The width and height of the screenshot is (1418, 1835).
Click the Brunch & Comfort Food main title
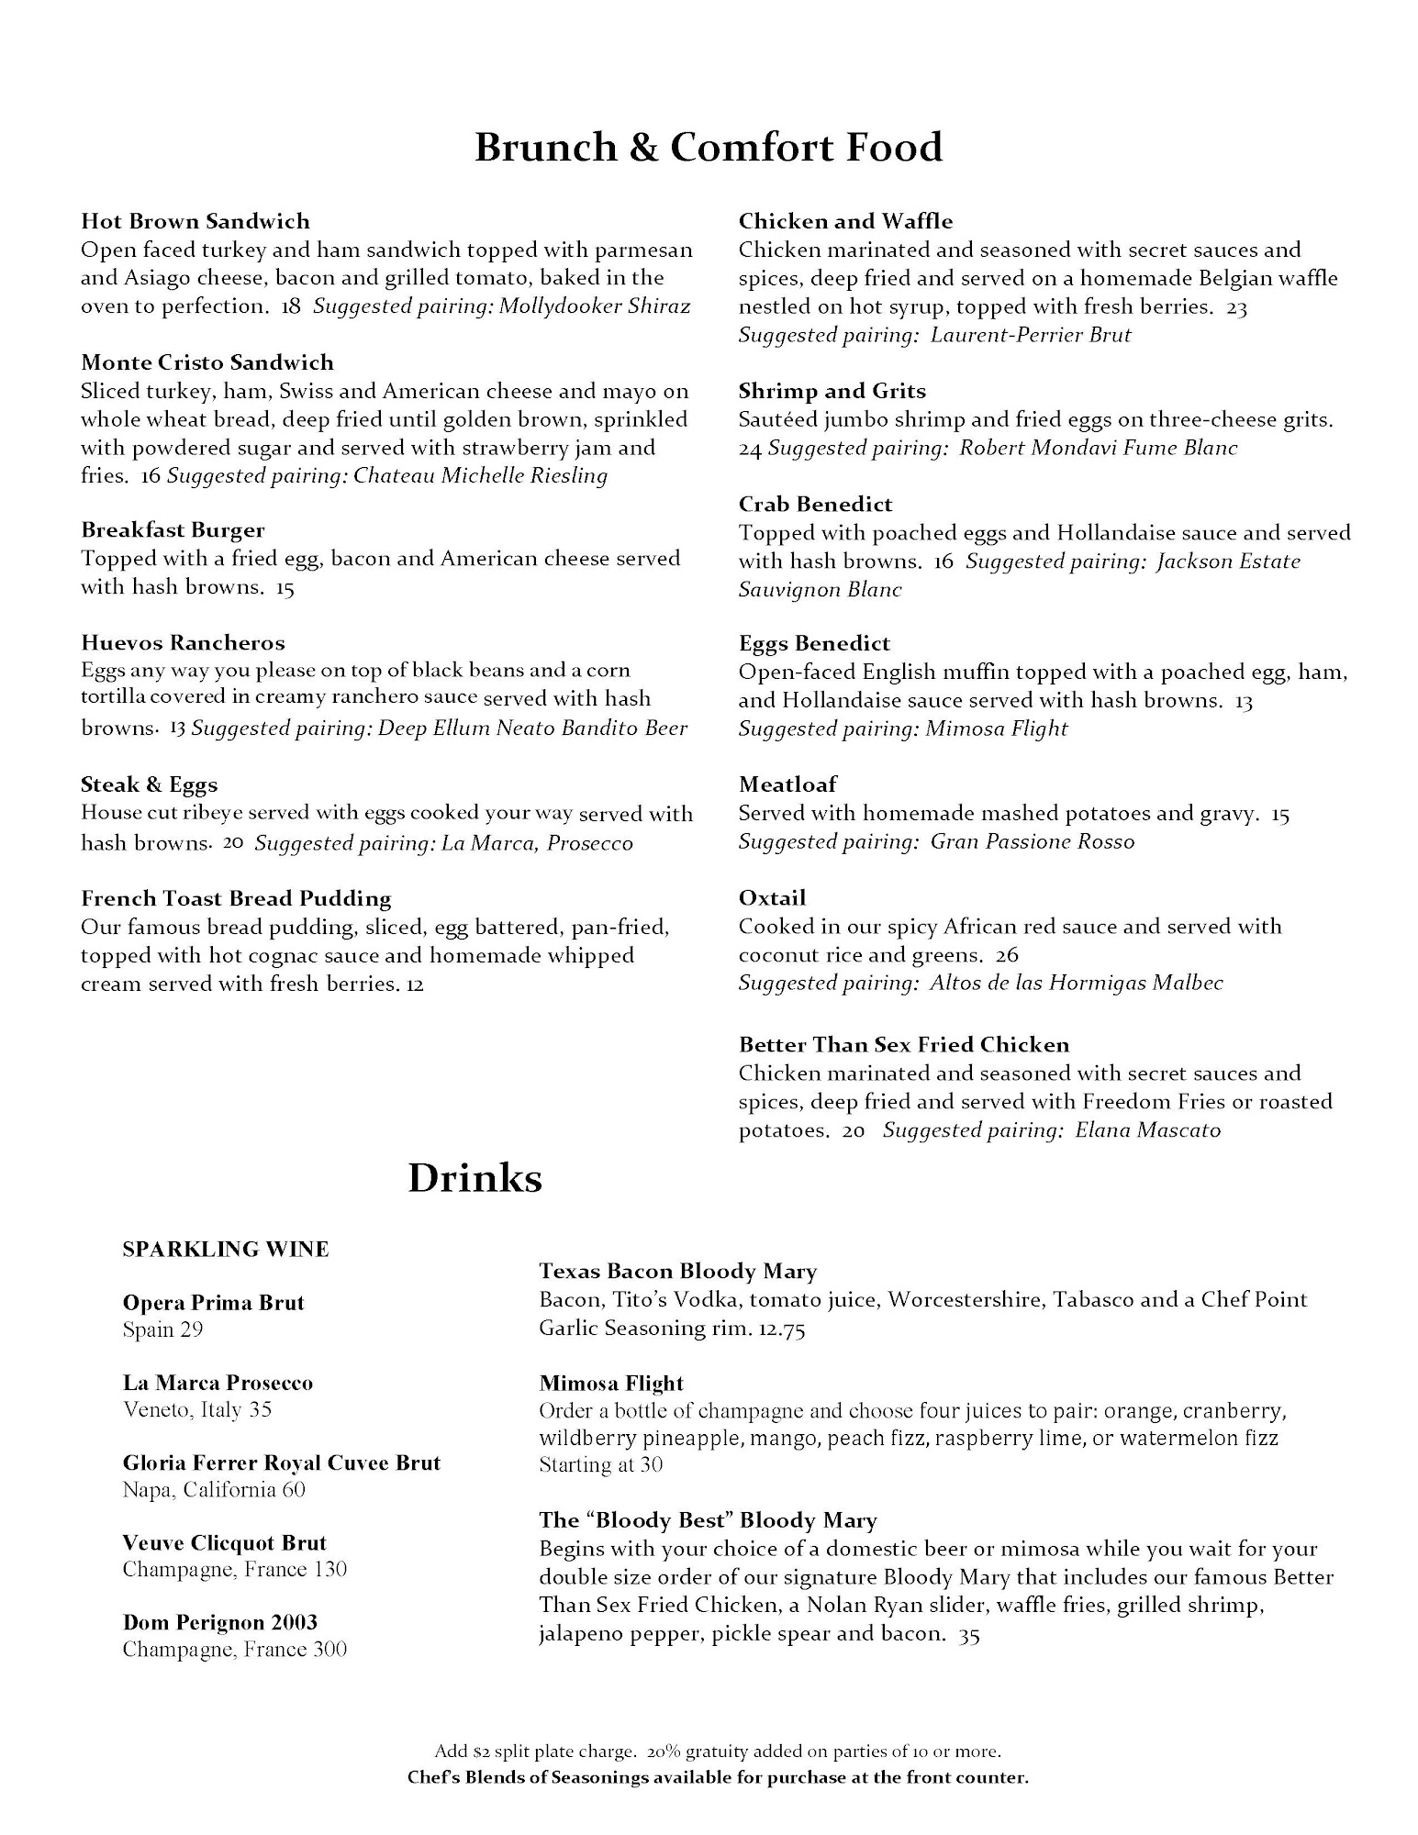708,148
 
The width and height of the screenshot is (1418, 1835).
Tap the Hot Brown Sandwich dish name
195,221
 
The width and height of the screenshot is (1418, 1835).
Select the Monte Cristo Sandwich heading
207,362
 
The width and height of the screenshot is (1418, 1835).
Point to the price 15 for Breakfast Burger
285,588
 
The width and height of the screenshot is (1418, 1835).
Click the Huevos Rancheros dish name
183,643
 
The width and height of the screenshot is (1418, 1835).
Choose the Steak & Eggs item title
149,784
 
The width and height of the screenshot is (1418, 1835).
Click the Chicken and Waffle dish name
845,221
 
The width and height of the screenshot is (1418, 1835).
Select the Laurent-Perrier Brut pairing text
1030,335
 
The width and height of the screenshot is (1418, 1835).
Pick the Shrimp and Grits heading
832,391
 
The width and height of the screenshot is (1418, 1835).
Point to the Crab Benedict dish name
815,504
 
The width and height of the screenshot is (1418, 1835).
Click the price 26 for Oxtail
1007,955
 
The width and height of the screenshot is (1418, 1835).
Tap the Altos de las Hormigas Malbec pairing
1076,984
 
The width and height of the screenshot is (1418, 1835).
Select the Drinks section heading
475,1178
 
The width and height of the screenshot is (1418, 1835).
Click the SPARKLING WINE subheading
226,1250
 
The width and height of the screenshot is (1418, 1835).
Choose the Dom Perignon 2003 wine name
220,1622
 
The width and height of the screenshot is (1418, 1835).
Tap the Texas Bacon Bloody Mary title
677,1272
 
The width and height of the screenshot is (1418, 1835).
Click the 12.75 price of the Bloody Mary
781,1329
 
